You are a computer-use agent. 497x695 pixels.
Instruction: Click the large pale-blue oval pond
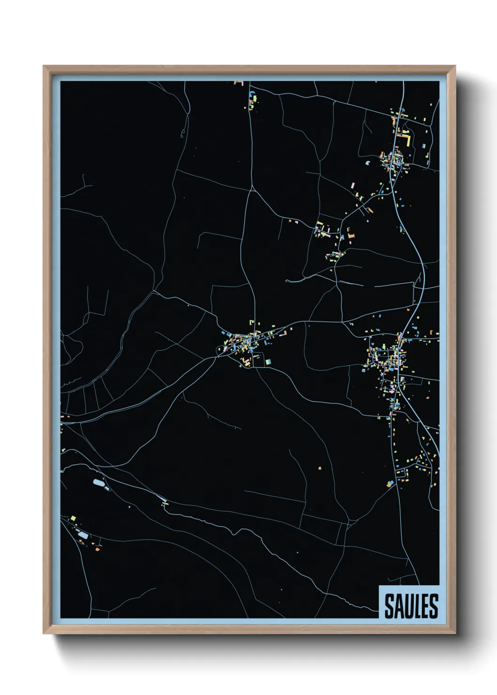(x=99, y=482)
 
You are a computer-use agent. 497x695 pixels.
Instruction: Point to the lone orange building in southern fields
(x=319, y=468)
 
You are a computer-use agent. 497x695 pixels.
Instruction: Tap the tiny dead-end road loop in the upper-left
(x=182, y=136)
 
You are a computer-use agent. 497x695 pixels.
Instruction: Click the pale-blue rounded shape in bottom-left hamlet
(x=83, y=535)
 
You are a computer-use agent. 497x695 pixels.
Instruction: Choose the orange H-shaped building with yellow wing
(x=350, y=232)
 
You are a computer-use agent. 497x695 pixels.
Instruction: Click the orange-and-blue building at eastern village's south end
(x=389, y=483)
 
